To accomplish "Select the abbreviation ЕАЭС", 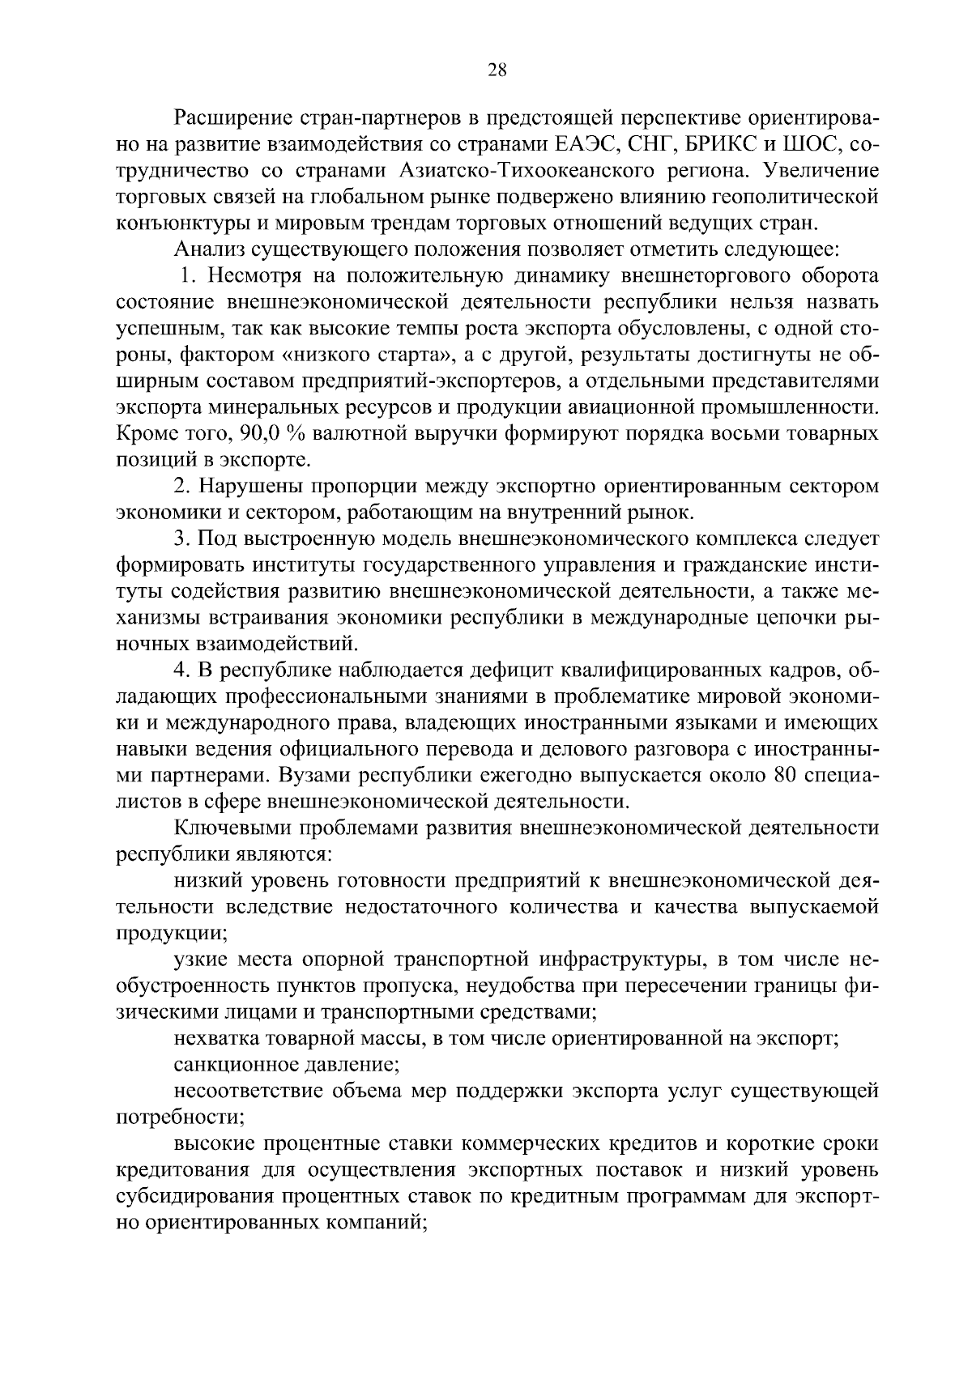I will pyautogui.click(x=576, y=145).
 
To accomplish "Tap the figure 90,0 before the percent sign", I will pyautogui.click(x=258, y=433).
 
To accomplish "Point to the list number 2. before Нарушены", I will pyautogui.click(x=182, y=486).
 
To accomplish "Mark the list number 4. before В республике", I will pyautogui.click(x=182, y=670).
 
